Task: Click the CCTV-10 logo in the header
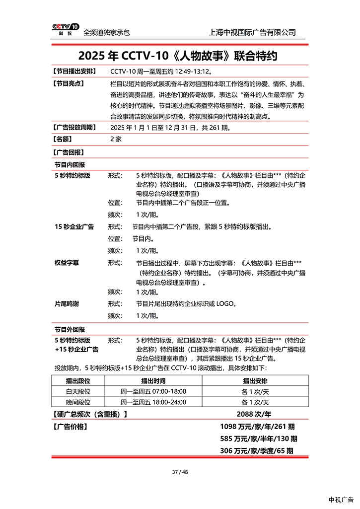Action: pos(66,29)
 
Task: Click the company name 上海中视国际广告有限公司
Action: pos(253,32)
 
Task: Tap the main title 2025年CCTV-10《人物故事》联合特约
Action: pos(177,55)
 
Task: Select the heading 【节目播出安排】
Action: pos(74,72)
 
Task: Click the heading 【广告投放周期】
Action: pos(74,128)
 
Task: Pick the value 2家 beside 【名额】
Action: pos(116,140)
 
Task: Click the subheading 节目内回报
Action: pos(70,164)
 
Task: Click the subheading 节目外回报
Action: pos(70,329)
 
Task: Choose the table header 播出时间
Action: pos(153,381)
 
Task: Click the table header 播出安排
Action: pos(255,381)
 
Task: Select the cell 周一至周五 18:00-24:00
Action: pos(153,402)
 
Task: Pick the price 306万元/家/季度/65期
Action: pos(256,451)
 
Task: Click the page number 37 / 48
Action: pos(180,472)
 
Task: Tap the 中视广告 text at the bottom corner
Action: pos(341,500)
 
